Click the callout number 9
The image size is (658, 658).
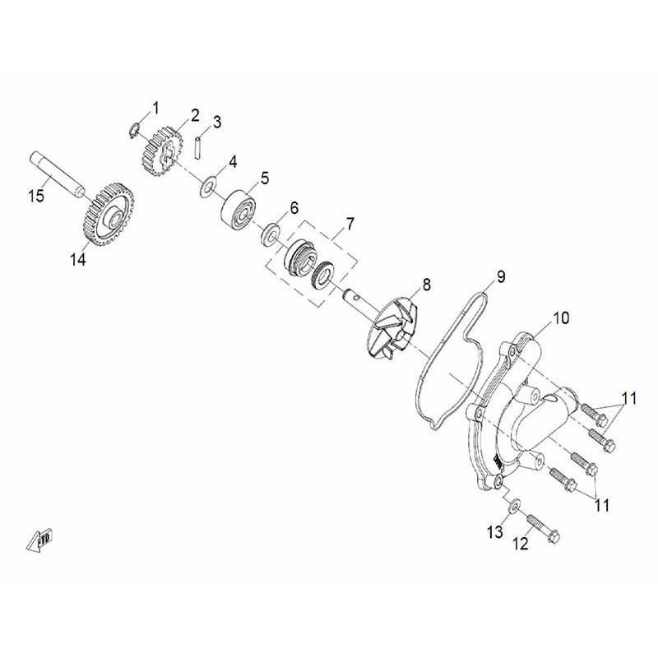click(501, 276)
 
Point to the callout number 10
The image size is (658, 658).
click(561, 317)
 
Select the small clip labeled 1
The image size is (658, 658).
click(134, 126)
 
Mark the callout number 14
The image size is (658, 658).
click(77, 260)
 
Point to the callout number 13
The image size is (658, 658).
click(493, 533)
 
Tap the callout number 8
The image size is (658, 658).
click(425, 285)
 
